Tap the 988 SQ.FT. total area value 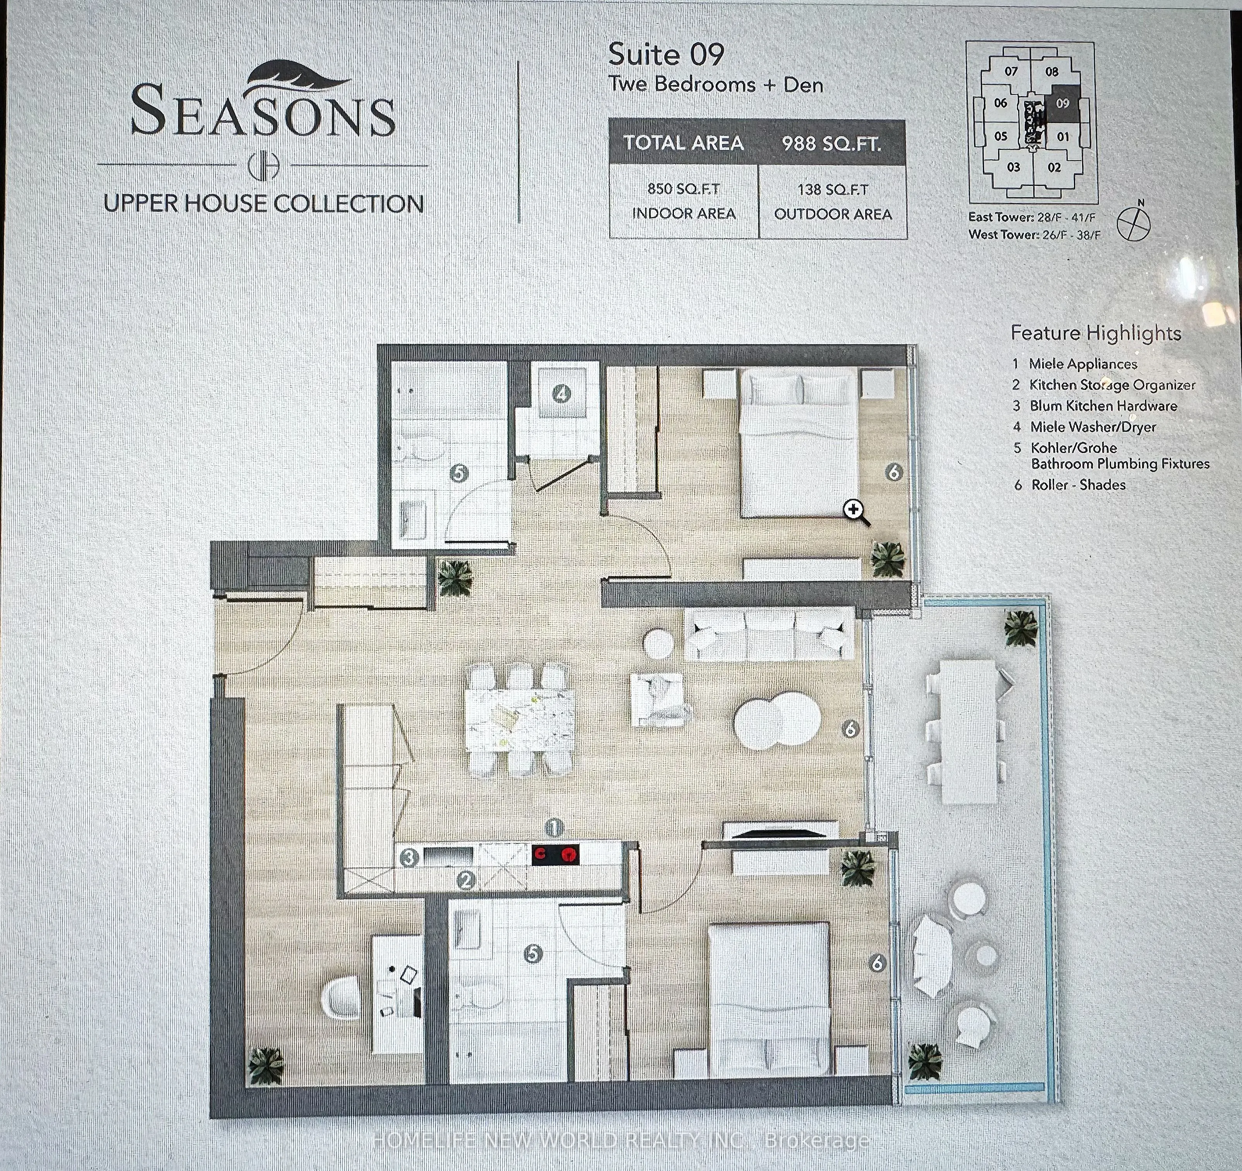[831, 144]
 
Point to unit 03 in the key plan [1014, 167]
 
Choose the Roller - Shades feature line [1078, 485]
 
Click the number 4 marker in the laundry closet [562, 394]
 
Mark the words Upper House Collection [264, 204]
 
